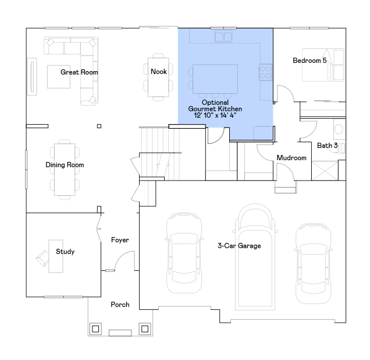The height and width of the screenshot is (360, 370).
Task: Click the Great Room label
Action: (x=79, y=72)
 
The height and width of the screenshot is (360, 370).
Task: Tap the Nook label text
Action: (x=159, y=71)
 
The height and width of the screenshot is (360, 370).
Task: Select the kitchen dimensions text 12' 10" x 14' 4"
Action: (x=215, y=115)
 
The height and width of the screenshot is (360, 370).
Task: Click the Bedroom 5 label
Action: (x=309, y=61)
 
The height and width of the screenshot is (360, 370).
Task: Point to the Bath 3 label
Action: (x=327, y=146)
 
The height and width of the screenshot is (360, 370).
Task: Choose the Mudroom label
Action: (x=291, y=158)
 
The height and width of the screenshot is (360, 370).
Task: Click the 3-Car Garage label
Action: (x=239, y=246)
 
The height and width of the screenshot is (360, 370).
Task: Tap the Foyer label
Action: (x=120, y=240)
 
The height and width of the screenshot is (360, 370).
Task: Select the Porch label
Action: (x=120, y=305)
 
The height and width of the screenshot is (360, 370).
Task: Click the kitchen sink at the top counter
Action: (x=223, y=37)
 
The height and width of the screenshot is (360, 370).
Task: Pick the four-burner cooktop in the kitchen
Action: (x=265, y=72)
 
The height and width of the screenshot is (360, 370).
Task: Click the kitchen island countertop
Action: (x=215, y=79)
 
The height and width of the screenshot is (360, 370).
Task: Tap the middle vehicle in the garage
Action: (x=255, y=257)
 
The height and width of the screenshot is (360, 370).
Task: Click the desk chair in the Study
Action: (x=43, y=258)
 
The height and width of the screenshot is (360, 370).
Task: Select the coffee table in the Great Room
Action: (x=59, y=77)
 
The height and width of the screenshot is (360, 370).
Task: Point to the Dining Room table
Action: (x=65, y=170)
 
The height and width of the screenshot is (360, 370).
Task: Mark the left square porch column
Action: (x=95, y=329)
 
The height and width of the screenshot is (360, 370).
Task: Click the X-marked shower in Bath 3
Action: (x=325, y=171)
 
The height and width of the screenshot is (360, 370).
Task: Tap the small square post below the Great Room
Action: (x=99, y=126)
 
